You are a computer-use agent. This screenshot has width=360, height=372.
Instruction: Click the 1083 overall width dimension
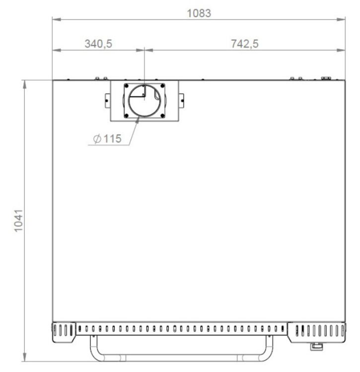pos(199,13)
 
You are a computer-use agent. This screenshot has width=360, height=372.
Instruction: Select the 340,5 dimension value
pos(98,44)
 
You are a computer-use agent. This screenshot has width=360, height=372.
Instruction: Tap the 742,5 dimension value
pos(245,44)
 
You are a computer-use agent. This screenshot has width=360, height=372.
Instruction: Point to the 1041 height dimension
pos(18,221)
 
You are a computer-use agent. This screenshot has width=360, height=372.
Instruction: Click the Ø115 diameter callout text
pos(107,138)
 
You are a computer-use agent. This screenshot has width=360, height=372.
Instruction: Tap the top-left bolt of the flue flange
pos(126,86)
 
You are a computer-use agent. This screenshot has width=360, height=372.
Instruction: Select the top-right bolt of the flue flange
pos(162,86)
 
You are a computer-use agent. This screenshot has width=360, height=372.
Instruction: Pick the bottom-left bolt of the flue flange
pos(126,116)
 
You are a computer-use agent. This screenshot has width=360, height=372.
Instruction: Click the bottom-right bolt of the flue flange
pos(162,116)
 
